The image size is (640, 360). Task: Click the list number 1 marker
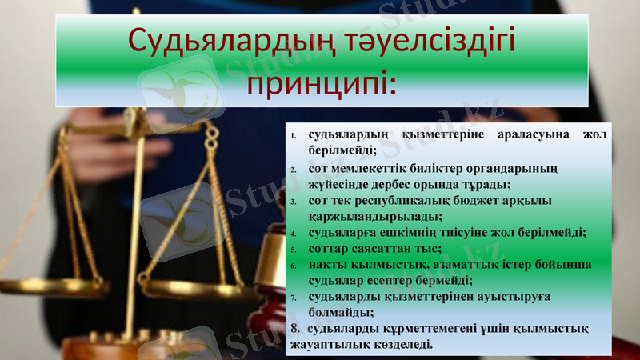tap(294, 136)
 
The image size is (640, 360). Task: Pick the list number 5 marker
tap(294, 250)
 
